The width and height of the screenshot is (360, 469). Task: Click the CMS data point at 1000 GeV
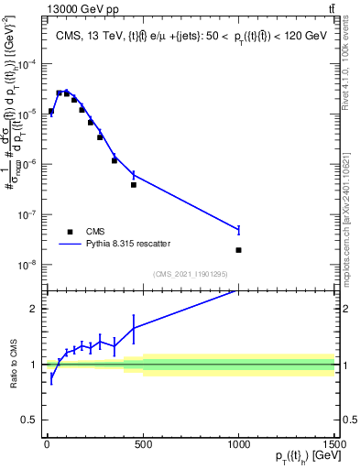(238, 250)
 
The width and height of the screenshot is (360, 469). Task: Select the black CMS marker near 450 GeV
(133, 185)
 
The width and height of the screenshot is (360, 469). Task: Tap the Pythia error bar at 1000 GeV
(238, 230)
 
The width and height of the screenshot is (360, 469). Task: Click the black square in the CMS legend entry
(70, 232)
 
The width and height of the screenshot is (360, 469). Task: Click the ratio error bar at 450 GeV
(133, 327)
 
